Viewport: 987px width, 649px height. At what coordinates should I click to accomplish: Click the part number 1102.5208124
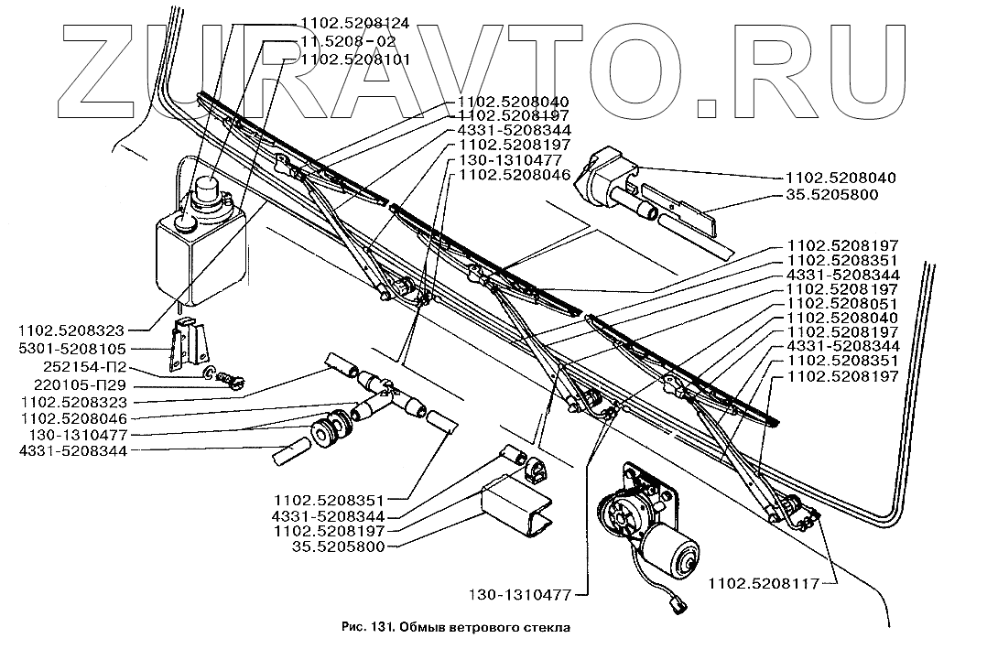click(x=355, y=23)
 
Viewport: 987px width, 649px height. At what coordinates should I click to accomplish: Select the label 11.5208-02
click(x=348, y=41)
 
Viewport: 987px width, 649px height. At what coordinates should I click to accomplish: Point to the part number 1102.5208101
click(x=355, y=59)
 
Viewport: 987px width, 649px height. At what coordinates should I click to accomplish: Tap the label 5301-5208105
click(x=72, y=349)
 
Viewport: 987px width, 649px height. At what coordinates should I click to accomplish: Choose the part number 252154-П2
click(x=85, y=367)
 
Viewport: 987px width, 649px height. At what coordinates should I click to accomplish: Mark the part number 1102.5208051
click(x=843, y=304)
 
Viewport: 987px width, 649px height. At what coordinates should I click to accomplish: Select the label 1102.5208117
click(x=765, y=583)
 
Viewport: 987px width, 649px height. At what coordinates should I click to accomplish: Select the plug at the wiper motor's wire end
click(x=678, y=606)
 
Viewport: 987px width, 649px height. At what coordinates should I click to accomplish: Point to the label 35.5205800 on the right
click(x=831, y=194)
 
